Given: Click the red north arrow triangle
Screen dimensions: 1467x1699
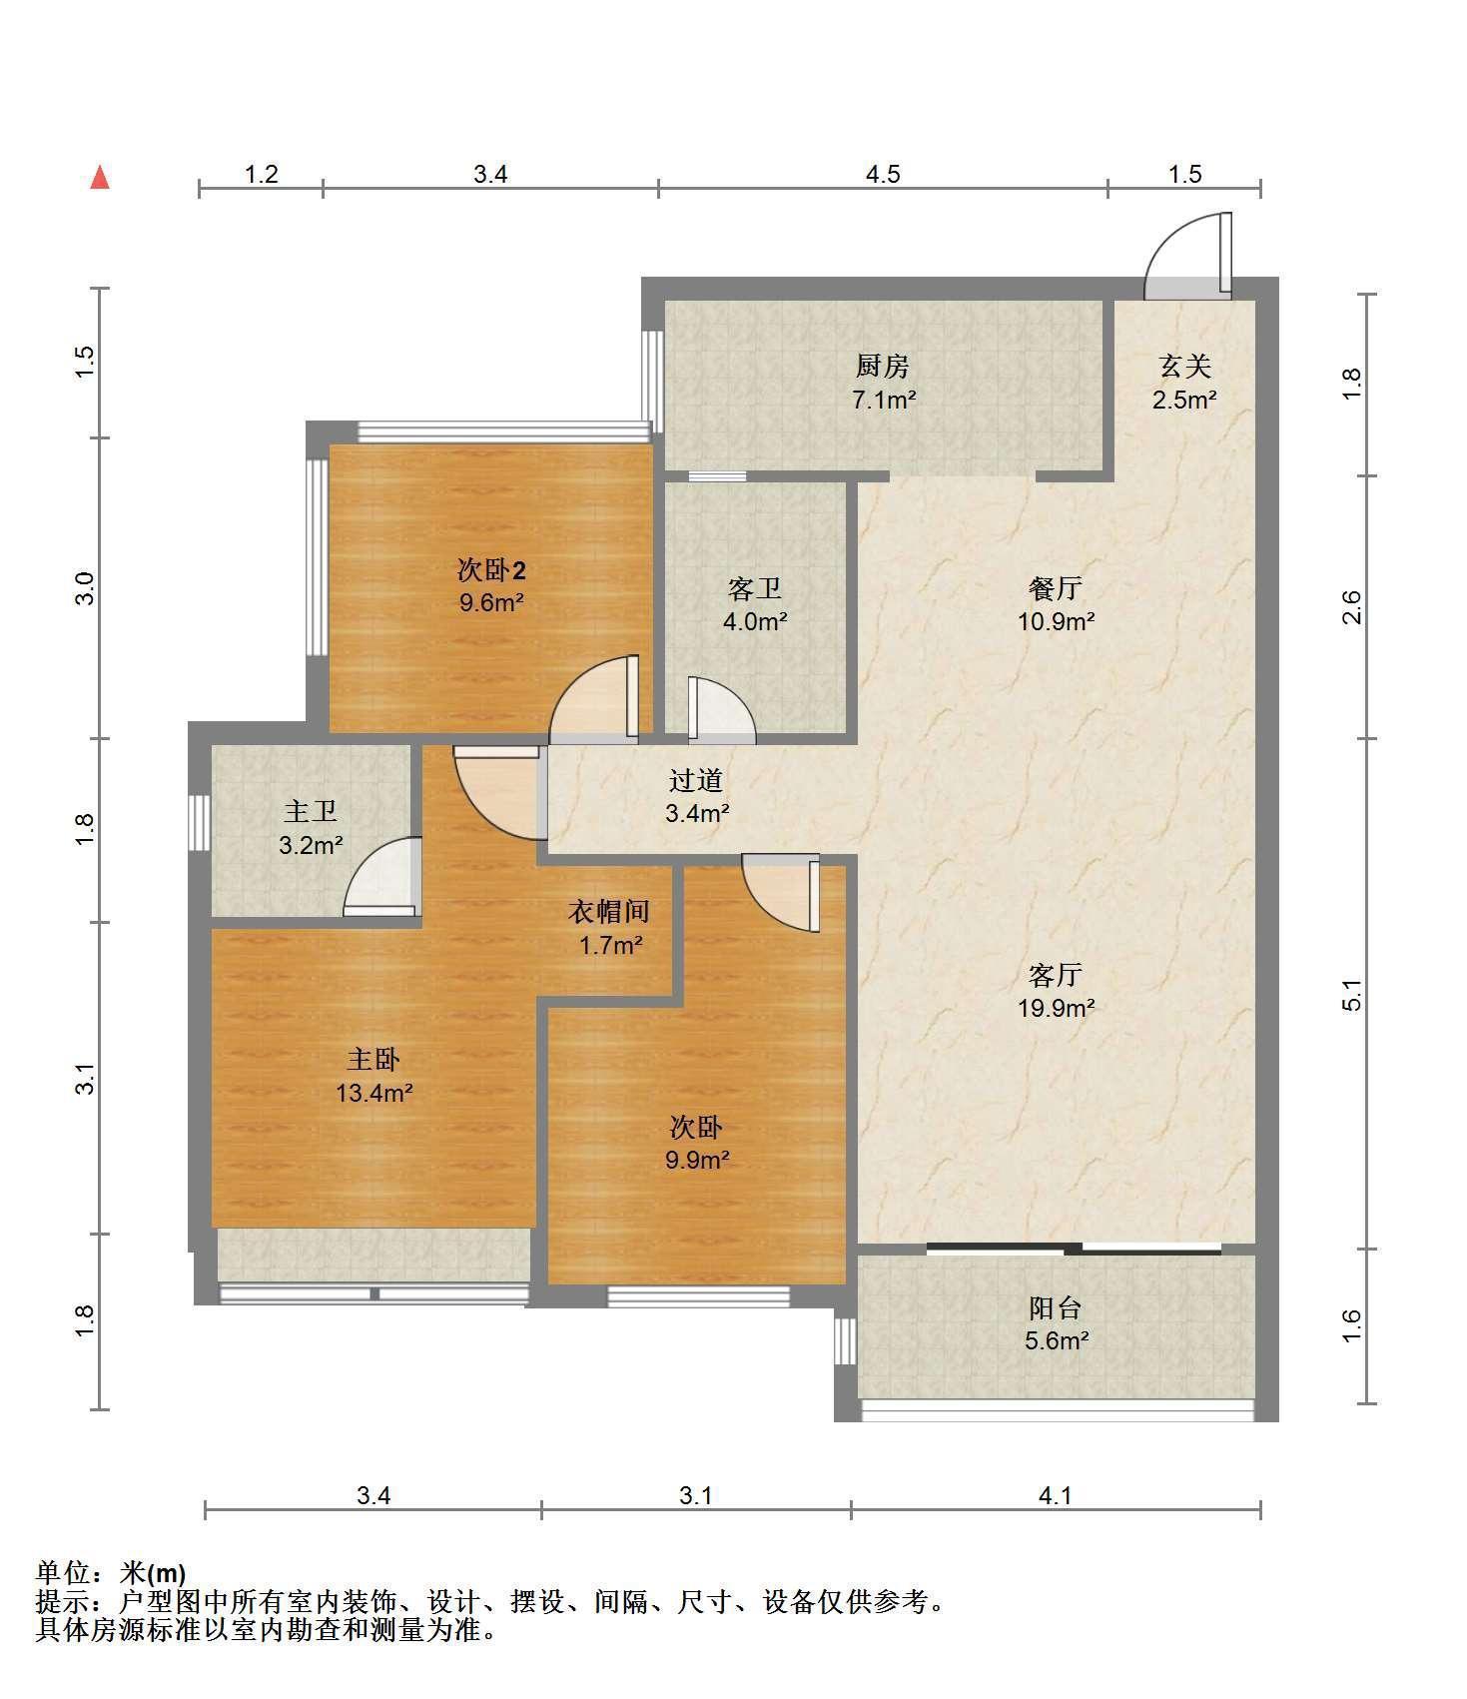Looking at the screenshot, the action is coord(100,178).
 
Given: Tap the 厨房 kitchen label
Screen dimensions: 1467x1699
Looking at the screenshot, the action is coord(883,367).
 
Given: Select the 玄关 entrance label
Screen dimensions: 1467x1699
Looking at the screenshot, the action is coord(1185,367).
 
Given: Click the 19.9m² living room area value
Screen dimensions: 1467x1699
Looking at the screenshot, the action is coord(1056,1008).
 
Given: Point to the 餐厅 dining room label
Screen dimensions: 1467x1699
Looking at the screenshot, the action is coord(1056,588).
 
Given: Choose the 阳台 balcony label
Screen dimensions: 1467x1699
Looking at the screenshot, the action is coord(1056,1307).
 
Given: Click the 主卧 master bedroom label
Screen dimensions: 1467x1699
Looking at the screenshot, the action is coord(373,1059).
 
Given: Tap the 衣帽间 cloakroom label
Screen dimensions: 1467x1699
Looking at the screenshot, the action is coord(609,911).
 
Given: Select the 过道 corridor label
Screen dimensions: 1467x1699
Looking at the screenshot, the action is coord(696,780).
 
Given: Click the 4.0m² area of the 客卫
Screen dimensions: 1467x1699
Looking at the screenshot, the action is coord(755,621).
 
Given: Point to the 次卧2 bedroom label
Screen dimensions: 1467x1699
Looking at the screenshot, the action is coord(491,570).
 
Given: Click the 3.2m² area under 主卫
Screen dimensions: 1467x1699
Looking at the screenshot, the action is coord(311,846).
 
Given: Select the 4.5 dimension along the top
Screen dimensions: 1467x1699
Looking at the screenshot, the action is coord(883,175).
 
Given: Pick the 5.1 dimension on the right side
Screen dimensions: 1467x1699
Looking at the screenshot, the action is coord(1351,994).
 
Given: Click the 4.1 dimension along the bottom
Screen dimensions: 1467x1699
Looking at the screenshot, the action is coord(1056,1495).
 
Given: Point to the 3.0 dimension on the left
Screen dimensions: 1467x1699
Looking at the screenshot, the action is coord(85,587).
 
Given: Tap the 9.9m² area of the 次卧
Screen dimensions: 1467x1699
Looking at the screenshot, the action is coord(696,1161).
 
